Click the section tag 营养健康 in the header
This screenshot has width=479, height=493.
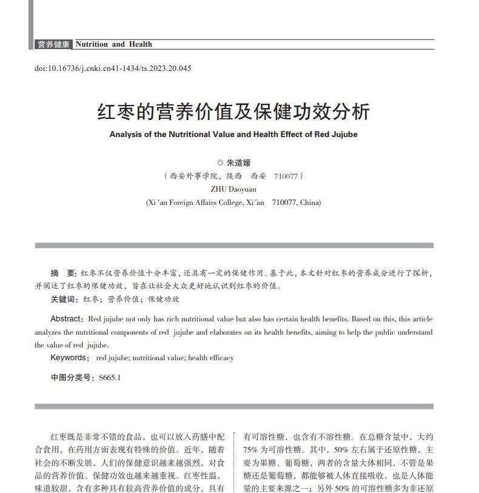[53, 44]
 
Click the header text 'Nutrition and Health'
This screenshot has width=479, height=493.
[113, 44]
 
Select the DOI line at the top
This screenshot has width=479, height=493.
[113, 69]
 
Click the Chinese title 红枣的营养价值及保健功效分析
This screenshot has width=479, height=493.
[233, 112]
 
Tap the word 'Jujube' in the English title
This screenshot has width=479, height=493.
[345, 135]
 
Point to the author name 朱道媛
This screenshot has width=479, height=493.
[238, 163]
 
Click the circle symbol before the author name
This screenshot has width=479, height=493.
[220, 163]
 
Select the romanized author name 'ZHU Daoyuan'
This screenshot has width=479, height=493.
[233, 189]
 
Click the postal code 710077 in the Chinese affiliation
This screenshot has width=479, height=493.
[286, 176]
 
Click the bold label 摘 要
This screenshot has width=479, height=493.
[63, 273]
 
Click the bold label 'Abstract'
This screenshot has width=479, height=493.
[66, 319]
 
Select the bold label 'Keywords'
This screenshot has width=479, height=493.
[69, 358]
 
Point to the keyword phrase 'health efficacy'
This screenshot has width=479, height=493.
[210, 358]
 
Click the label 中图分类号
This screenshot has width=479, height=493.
[72, 378]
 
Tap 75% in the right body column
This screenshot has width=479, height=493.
[250, 450]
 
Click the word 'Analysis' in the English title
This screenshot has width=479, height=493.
[126, 135]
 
